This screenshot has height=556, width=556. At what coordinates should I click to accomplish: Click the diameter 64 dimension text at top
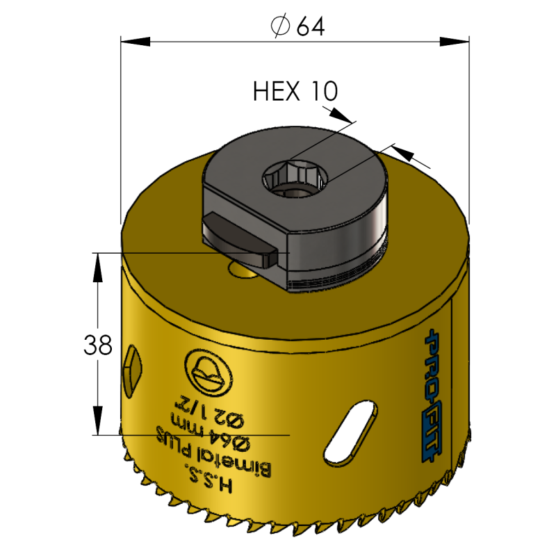298,26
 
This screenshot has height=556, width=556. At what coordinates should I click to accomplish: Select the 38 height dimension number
97,345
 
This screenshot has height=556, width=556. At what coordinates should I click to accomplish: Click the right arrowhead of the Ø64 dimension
462,42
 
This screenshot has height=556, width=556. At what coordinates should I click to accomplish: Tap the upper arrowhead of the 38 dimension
98,260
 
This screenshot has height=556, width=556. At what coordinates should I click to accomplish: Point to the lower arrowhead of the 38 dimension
98,427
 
